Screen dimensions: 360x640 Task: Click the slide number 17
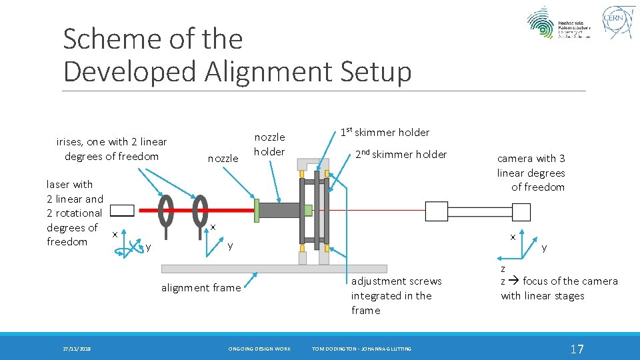click(577, 349)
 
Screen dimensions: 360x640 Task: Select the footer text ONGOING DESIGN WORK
click(259, 349)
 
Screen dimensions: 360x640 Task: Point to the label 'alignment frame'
click(201, 287)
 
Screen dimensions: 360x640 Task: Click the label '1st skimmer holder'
click(385, 132)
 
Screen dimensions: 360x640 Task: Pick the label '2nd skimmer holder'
click(400, 154)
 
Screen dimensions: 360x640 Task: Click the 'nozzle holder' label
click(270, 144)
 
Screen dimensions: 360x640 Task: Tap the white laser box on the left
click(122, 211)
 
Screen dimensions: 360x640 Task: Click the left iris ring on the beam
click(165, 211)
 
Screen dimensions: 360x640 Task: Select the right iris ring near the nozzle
click(200, 211)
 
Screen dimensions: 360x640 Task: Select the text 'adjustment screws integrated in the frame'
click(396, 295)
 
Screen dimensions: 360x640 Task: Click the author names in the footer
click(361, 349)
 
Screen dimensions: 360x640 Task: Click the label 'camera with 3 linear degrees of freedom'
click(531, 173)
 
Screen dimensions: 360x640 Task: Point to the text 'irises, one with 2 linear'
click(111, 142)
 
